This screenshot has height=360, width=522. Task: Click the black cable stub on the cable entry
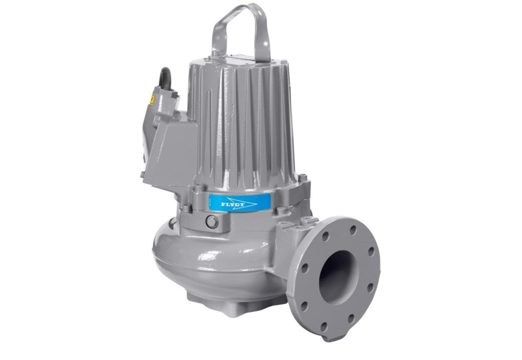pyautogui.click(x=166, y=78)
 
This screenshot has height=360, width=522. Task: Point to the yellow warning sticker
pyautogui.click(x=152, y=100)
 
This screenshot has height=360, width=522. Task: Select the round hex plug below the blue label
pyautogui.click(x=212, y=222)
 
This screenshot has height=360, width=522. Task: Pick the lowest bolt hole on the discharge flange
pyautogui.click(x=324, y=327)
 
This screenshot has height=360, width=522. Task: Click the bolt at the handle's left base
pyautogui.click(x=216, y=53)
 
